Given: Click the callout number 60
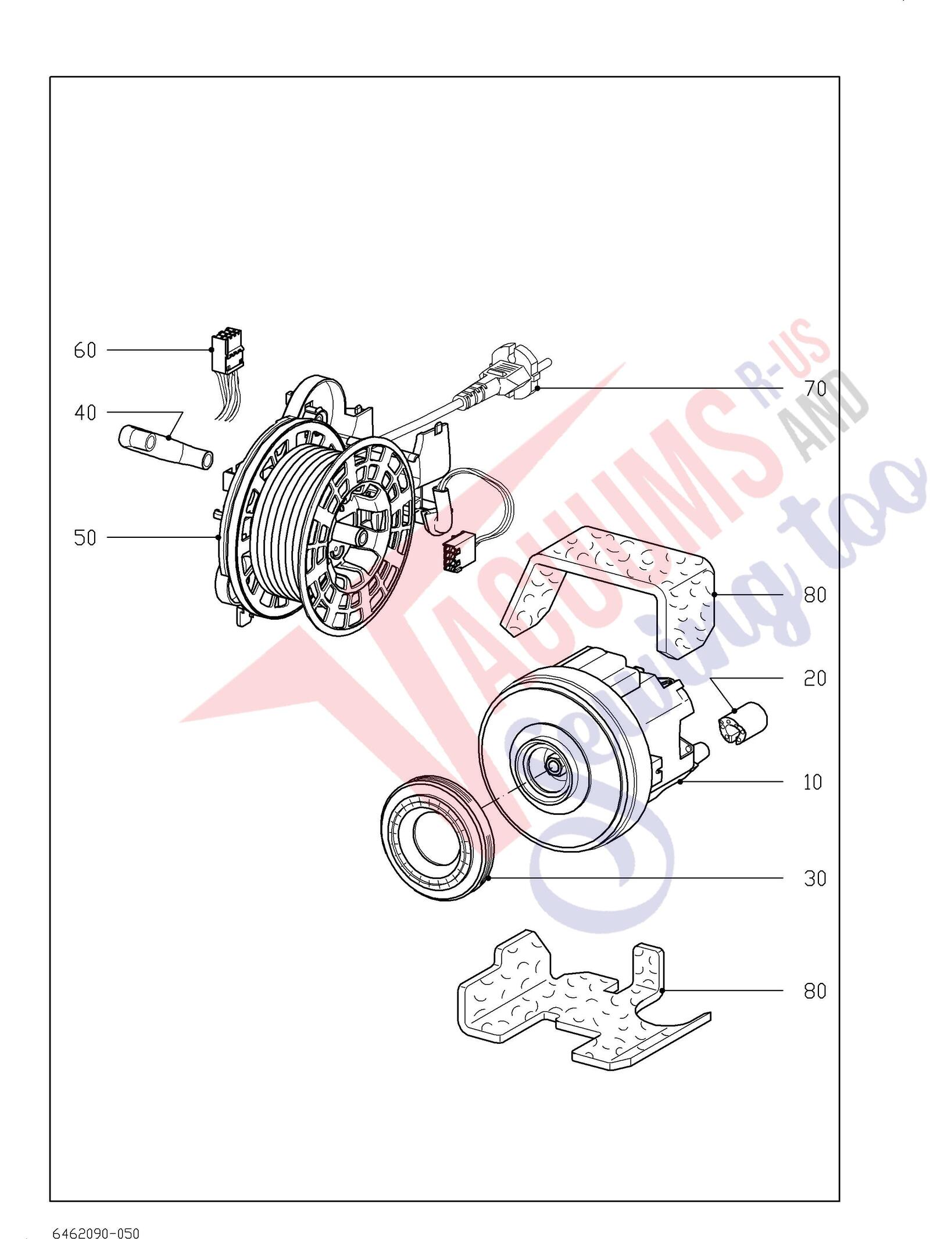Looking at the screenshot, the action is coord(85,351).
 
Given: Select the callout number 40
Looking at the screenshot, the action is coord(85,413).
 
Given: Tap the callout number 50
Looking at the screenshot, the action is coord(85,538).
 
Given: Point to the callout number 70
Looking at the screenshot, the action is coord(815,389).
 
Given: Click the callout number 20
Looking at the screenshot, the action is coord(815,678).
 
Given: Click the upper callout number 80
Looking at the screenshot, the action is coord(815,595).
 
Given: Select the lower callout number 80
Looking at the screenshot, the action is coord(815,991).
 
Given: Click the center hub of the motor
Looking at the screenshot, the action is coord(553,768).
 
